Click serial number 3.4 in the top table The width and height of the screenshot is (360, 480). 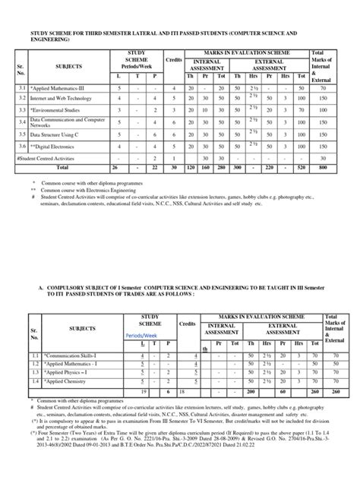(23, 122)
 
